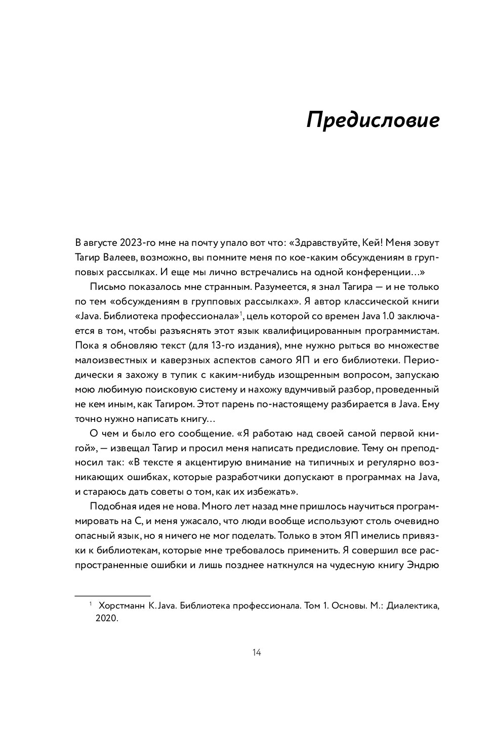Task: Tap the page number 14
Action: (256, 653)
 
